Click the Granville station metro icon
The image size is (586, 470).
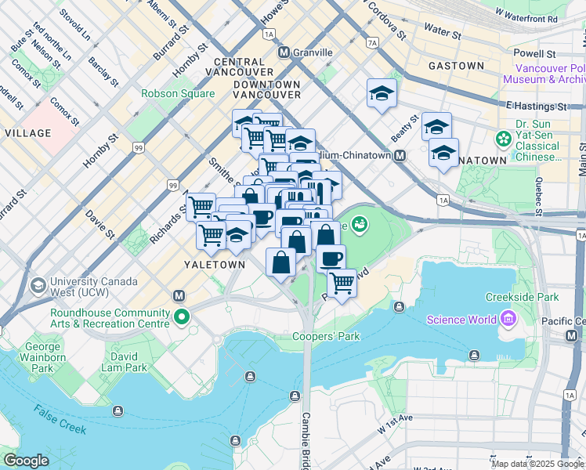284,52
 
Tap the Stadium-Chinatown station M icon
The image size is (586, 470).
400,156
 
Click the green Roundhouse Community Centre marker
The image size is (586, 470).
182,317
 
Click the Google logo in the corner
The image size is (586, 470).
26,461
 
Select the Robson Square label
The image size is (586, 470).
178,93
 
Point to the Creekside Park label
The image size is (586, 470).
522,297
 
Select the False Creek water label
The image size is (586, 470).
67,420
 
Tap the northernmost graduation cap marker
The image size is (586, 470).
382,94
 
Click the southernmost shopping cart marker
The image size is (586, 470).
342,283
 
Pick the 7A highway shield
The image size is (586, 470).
372,42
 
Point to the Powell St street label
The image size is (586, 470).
534,54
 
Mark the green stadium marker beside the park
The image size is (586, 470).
360,226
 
